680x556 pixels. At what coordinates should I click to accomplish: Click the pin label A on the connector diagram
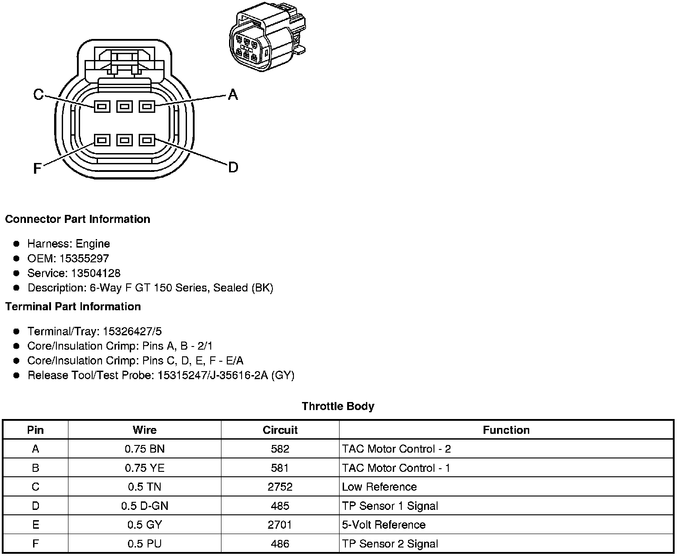tap(233, 94)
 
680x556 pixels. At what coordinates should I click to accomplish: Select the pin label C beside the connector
tap(39, 94)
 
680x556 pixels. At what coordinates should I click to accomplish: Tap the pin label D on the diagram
tap(233, 167)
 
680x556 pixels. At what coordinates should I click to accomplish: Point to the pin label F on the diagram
tap(38, 168)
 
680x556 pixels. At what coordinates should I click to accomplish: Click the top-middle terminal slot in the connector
tap(124, 107)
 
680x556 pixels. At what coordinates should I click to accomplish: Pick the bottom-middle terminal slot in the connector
tap(124, 140)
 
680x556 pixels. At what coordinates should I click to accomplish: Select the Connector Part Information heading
tap(77, 219)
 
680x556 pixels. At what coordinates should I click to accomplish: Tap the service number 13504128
tap(95, 273)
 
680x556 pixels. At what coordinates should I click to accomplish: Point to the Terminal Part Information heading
tap(73, 307)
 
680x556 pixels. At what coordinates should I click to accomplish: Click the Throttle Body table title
tap(338, 406)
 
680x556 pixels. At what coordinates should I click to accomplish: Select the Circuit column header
tap(280, 430)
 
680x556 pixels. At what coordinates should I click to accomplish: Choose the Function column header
tap(506, 430)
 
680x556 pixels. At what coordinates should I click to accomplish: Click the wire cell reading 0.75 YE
tap(144, 468)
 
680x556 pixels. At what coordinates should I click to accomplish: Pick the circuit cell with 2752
tap(280, 487)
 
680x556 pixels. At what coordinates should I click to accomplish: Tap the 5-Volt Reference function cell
tap(383, 525)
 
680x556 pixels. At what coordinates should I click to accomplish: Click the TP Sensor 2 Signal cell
tap(390, 544)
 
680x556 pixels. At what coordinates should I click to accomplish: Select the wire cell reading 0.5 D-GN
tap(144, 506)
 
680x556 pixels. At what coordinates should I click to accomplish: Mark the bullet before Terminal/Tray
tap(17, 332)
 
